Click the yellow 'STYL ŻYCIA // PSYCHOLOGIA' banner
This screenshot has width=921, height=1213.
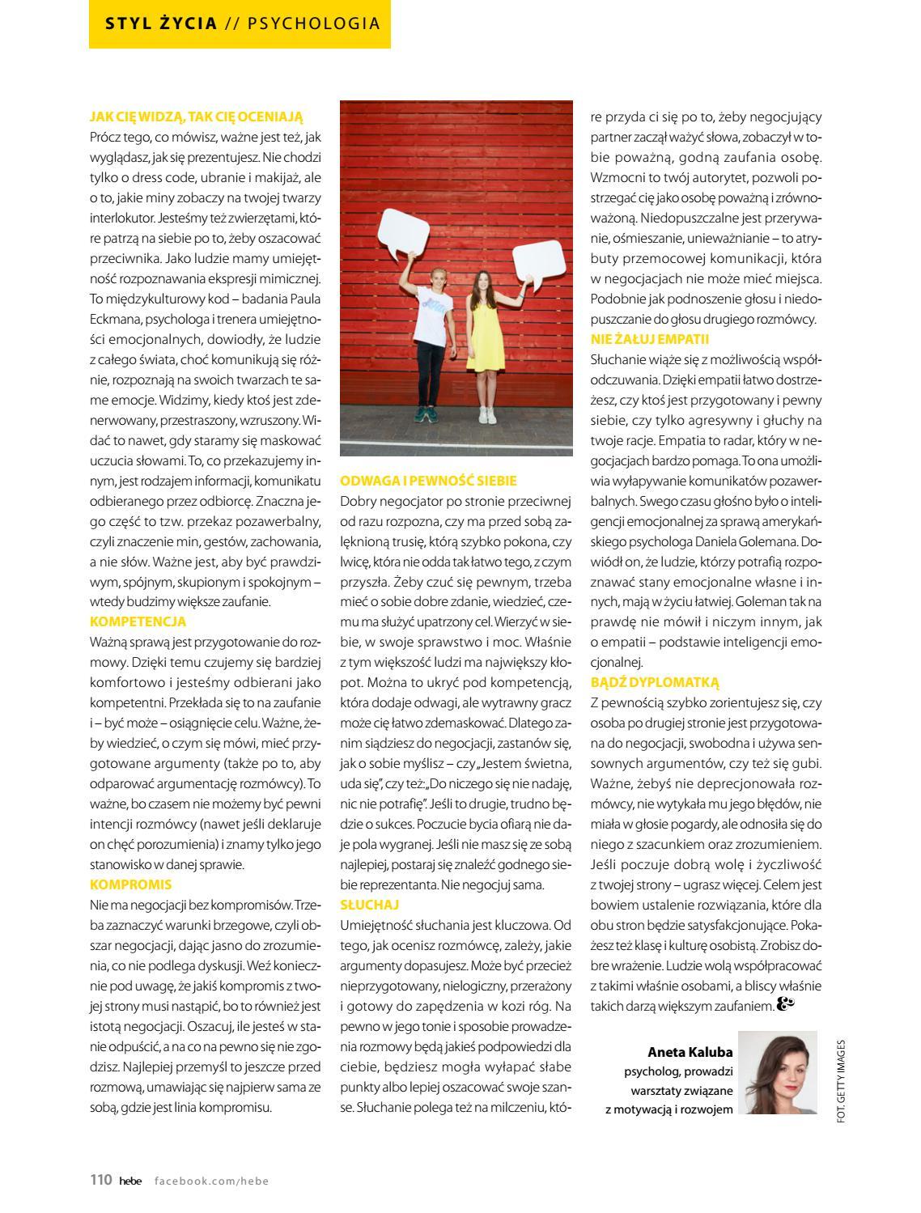240,23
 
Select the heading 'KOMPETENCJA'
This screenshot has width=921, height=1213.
138,621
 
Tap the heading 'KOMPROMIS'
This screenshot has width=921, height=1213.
130,884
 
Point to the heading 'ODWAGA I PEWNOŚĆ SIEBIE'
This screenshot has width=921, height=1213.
428,481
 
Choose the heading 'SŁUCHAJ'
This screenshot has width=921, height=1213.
370,905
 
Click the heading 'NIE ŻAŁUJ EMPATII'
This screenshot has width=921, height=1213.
650,339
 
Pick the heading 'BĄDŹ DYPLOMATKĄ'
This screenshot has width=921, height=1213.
655,682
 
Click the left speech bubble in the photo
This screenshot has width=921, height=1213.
404,231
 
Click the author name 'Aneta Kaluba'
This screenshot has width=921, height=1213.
690,1052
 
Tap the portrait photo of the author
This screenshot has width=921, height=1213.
778,1073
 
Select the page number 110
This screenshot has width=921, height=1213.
100,1180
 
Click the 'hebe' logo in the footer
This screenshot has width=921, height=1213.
130,1181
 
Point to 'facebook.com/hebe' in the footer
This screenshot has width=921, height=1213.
211,1181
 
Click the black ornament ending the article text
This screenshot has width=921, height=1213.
786,1004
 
